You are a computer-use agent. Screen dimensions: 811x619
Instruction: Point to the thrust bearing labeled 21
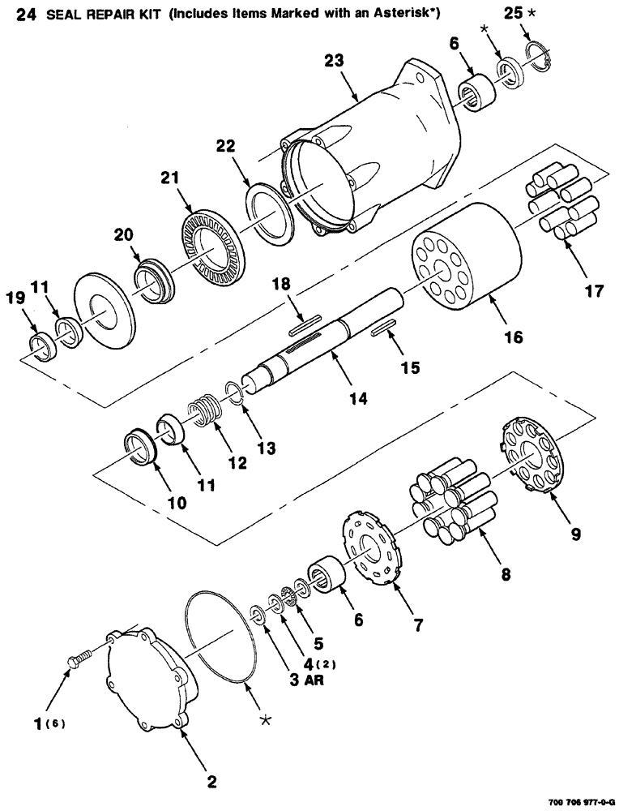[x=211, y=240]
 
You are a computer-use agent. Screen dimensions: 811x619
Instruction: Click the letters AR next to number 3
[x=315, y=681]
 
